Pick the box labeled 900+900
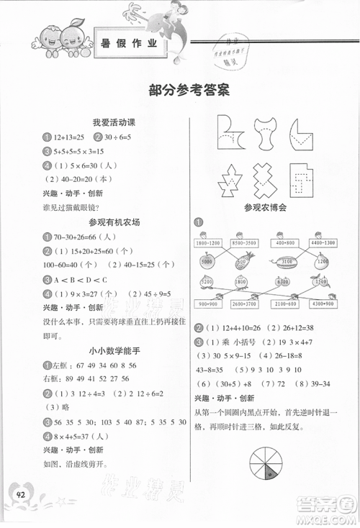coord(209,304)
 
